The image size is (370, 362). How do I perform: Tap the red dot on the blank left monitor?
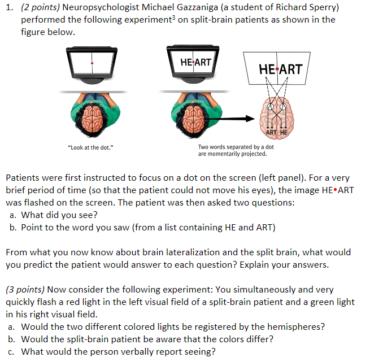pyautogui.click(x=92, y=63)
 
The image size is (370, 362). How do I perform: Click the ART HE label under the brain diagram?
pyautogui.click(x=277, y=132)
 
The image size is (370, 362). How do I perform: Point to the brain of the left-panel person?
pyautogui.click(x=91, y=117)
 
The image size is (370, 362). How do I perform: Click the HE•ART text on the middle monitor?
pyautogui.click(x=195, y=60)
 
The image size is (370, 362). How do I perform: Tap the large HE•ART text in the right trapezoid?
pyautogui.click(x=280, y=69)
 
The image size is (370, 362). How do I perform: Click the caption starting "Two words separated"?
pyautogui.click(x=236, y=147)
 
